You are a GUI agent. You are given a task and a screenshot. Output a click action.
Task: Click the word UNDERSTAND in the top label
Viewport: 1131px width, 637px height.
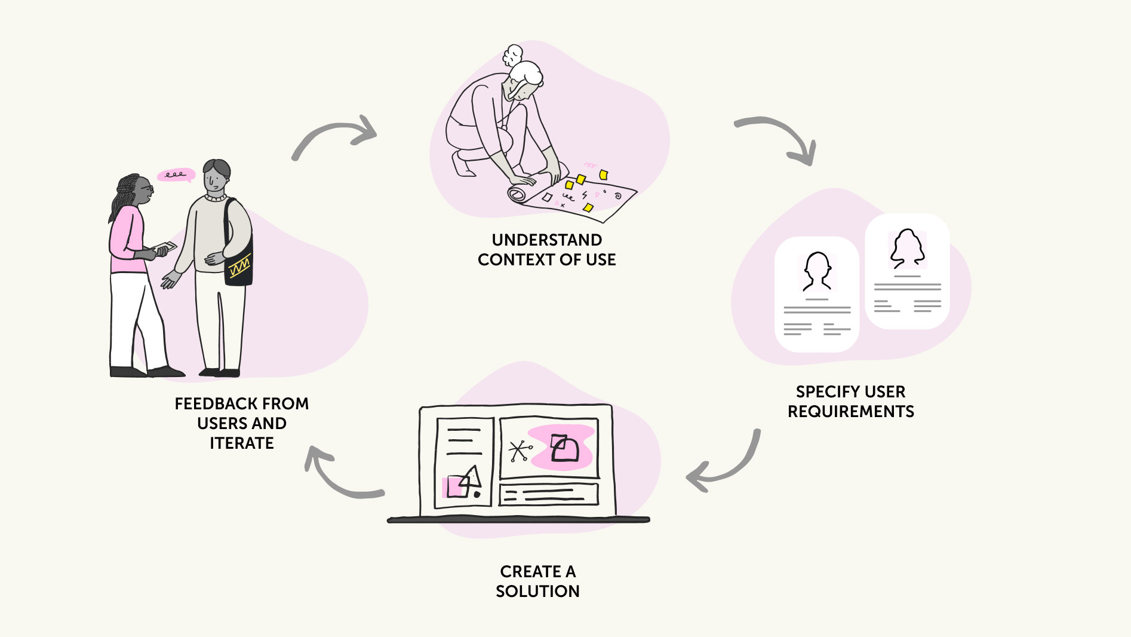(x=546, y=240)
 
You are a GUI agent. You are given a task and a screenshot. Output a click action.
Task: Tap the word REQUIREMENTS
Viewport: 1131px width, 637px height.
(x=850, y=411)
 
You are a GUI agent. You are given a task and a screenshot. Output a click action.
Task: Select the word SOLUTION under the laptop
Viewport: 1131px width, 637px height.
(x=537, y=591)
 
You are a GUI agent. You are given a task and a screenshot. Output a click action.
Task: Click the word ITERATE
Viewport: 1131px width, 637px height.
(x=241, y=443)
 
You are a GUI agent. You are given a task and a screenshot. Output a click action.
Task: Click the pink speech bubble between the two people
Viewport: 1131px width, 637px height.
(x=176, y=174)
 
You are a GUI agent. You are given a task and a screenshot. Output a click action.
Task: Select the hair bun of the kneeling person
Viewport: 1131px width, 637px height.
(x=512, y=55)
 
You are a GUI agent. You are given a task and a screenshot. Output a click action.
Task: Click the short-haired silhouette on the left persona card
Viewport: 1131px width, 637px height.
(x=817, y=271)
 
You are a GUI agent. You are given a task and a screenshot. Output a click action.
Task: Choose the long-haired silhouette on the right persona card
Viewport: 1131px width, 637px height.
(x=907, y=247)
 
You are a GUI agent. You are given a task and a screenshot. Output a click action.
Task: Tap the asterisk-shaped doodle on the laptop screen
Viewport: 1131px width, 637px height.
(x=519, y=451)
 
